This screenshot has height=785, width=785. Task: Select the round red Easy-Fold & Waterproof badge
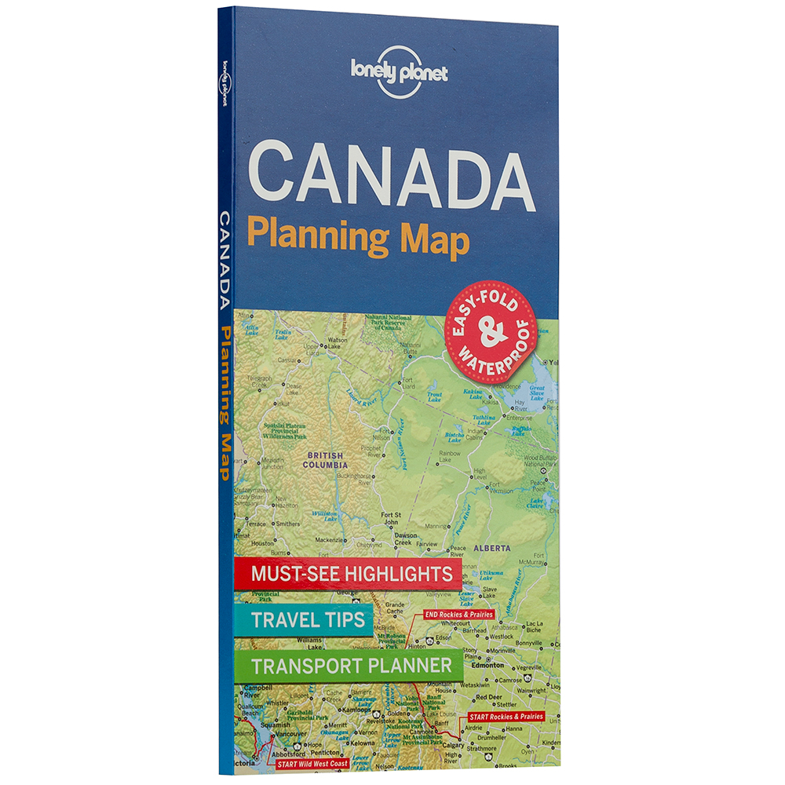491,331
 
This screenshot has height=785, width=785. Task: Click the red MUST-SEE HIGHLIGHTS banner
351,573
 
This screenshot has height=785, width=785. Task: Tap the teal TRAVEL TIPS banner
309,620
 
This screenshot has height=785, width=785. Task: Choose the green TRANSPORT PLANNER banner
352,666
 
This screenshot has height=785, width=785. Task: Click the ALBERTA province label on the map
492,547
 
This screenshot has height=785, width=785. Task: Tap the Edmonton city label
488,664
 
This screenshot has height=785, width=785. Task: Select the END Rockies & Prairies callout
460,614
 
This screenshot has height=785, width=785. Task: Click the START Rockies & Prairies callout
506,717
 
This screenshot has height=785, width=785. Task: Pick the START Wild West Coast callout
311,762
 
